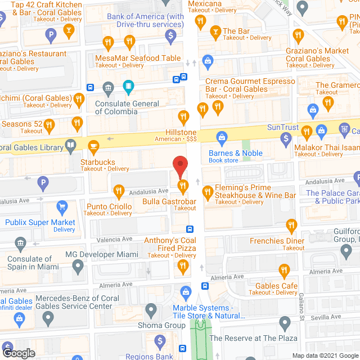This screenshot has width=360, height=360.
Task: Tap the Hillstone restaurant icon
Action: [x=182, y=118]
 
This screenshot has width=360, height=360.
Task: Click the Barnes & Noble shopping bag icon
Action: [x=222, y=137]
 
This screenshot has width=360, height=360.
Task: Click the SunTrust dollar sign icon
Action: [x=286, y=137]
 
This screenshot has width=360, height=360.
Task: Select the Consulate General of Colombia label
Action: [x=127, y=107]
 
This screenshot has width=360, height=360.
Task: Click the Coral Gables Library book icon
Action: [x=70, y=147]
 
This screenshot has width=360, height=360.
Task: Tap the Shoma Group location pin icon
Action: [x=151, y=310]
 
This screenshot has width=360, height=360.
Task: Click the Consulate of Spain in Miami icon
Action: [x=21, y=244]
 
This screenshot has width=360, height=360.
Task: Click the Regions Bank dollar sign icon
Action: [x=160, y=341]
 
